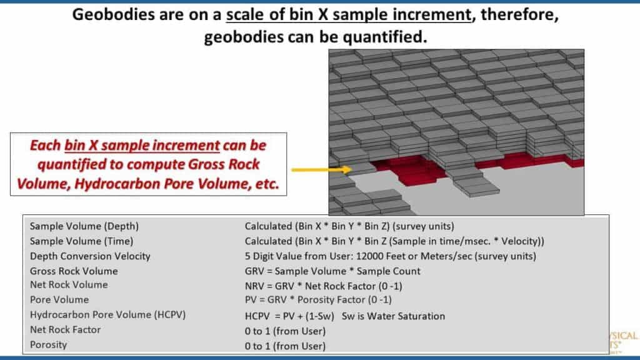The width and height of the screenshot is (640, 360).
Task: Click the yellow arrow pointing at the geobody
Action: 321,169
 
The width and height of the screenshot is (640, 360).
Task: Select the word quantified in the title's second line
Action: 384,37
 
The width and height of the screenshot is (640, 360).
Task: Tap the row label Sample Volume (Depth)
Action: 84,226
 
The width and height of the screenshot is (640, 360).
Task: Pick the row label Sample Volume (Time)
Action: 82,241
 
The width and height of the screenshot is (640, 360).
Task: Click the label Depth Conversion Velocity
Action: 90,256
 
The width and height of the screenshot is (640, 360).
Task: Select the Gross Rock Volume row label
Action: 74,271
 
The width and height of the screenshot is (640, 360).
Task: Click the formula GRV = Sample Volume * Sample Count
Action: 332,271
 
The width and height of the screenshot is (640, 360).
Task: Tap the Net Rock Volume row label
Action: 69,285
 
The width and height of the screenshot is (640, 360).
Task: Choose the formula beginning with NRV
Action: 324,286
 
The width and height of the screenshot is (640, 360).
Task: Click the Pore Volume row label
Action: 59,299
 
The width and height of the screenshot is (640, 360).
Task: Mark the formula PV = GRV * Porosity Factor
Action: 318,300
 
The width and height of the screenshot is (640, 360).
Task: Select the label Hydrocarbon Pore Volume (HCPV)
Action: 107,315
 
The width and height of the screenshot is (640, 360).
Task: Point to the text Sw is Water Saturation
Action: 394,316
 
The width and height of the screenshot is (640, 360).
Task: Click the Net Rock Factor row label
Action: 65,330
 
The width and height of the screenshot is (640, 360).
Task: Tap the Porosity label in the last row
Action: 48,345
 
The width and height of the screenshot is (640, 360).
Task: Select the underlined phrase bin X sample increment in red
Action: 142,146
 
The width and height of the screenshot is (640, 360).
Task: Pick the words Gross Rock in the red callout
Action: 224,164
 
